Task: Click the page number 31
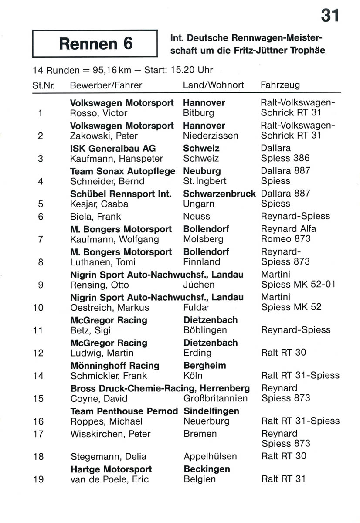330,16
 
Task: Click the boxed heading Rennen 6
95,44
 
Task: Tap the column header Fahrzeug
280,85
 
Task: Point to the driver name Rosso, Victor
98,113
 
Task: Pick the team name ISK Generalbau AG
113,148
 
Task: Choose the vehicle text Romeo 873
285,239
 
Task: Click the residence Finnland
202,262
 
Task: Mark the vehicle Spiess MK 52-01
299,285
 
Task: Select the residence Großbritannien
216,398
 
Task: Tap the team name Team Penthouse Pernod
124,411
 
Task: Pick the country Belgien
200,479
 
